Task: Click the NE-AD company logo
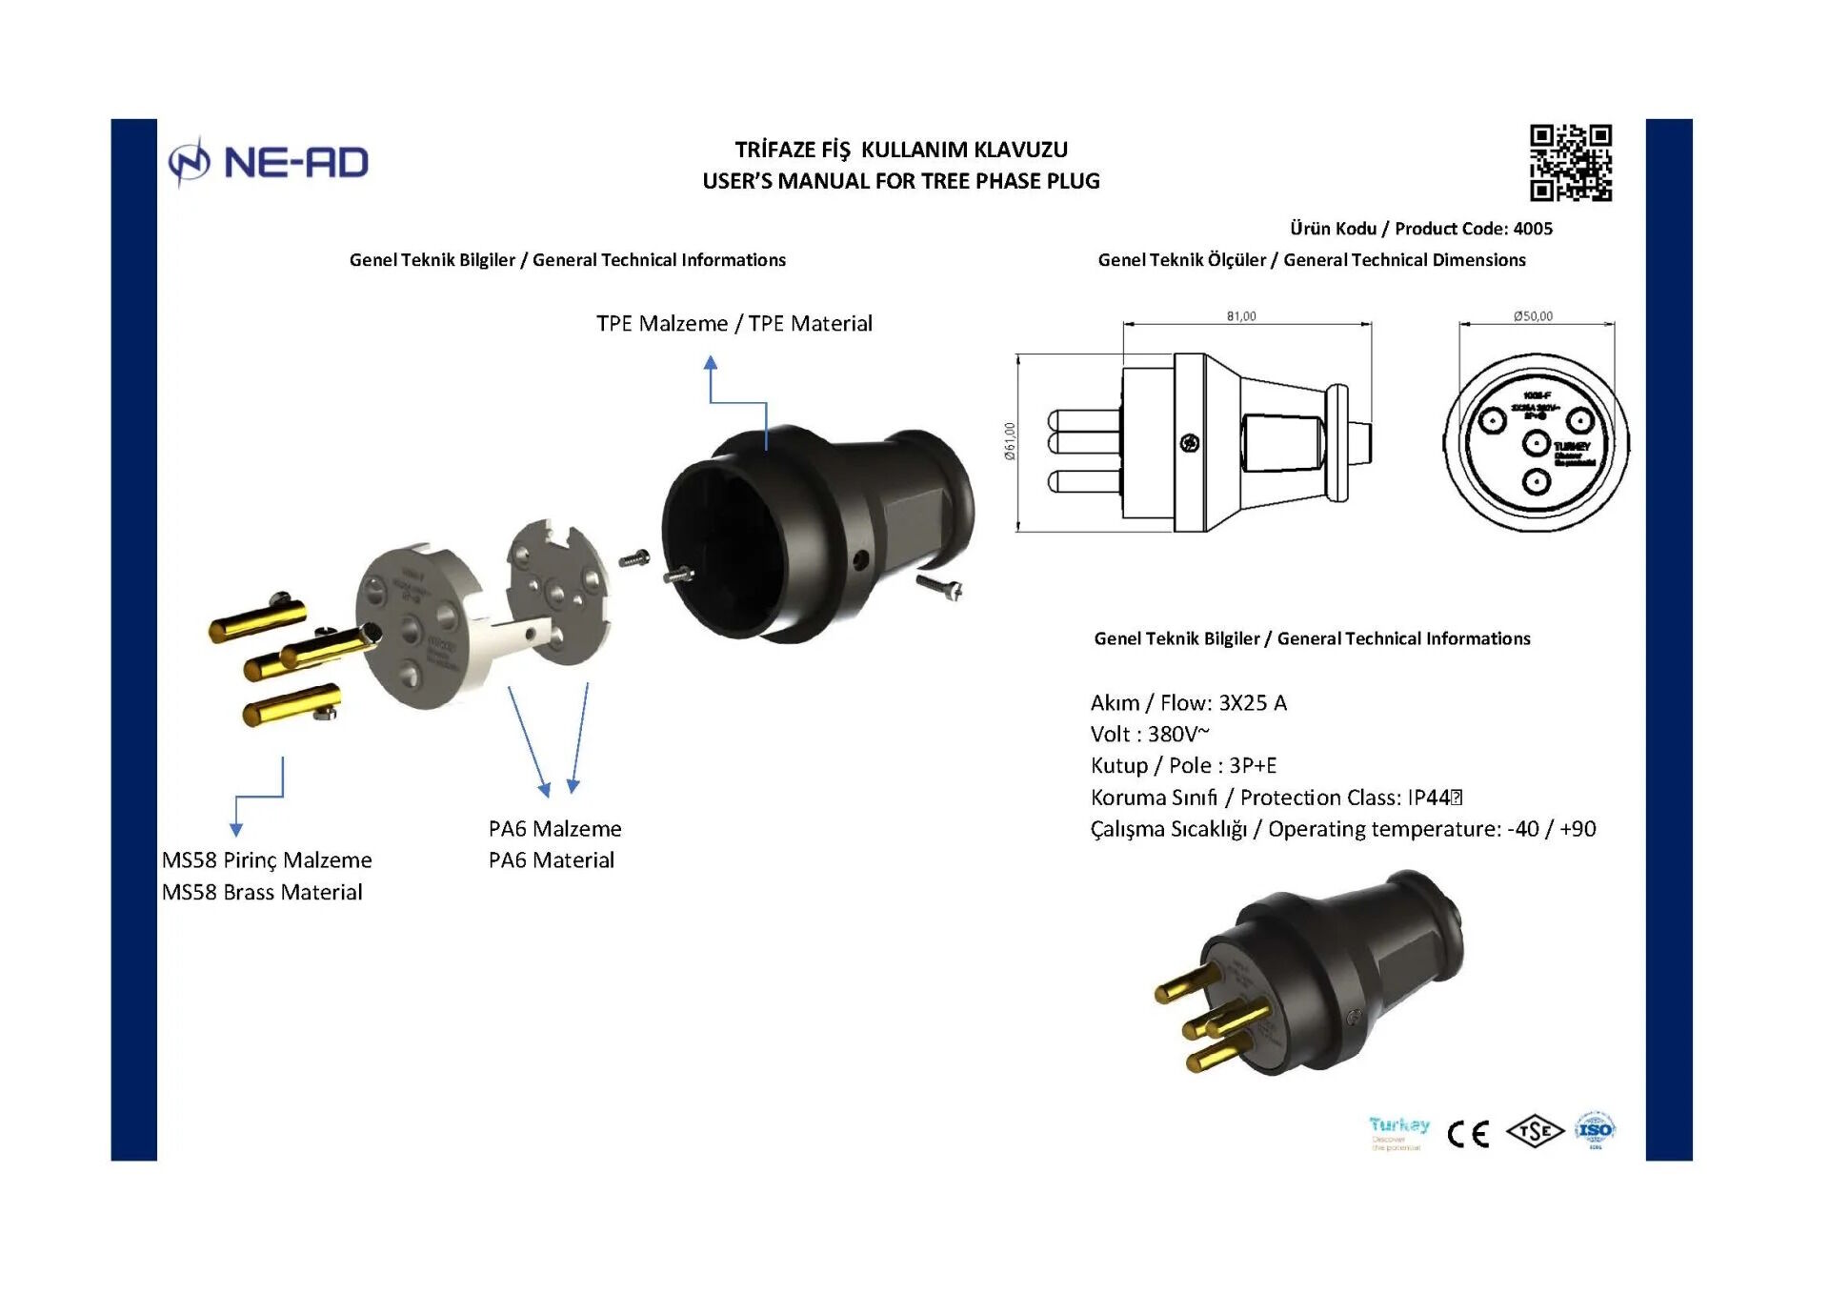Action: click(269, 162)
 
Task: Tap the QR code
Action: click(1570, 163)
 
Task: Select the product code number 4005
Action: click(1533, 229)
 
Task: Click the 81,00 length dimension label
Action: click(1240, 316)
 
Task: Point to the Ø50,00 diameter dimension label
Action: click(1533, 316)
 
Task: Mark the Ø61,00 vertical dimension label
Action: click(1010, 441)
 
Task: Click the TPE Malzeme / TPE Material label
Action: click(734, 324)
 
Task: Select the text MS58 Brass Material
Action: click(262, 893)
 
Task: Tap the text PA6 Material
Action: click(551, 860)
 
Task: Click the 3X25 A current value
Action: click(1253, 703)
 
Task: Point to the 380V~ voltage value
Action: click(1178, 735)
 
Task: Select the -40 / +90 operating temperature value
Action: click(1551, 829)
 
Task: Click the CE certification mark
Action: click(1467, 1134)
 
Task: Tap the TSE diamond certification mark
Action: click(1534, 1132)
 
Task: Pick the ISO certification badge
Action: click(1595, 1131)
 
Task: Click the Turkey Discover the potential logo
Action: click(1398, 1133)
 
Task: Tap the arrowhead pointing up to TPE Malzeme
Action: click(711, 363)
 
